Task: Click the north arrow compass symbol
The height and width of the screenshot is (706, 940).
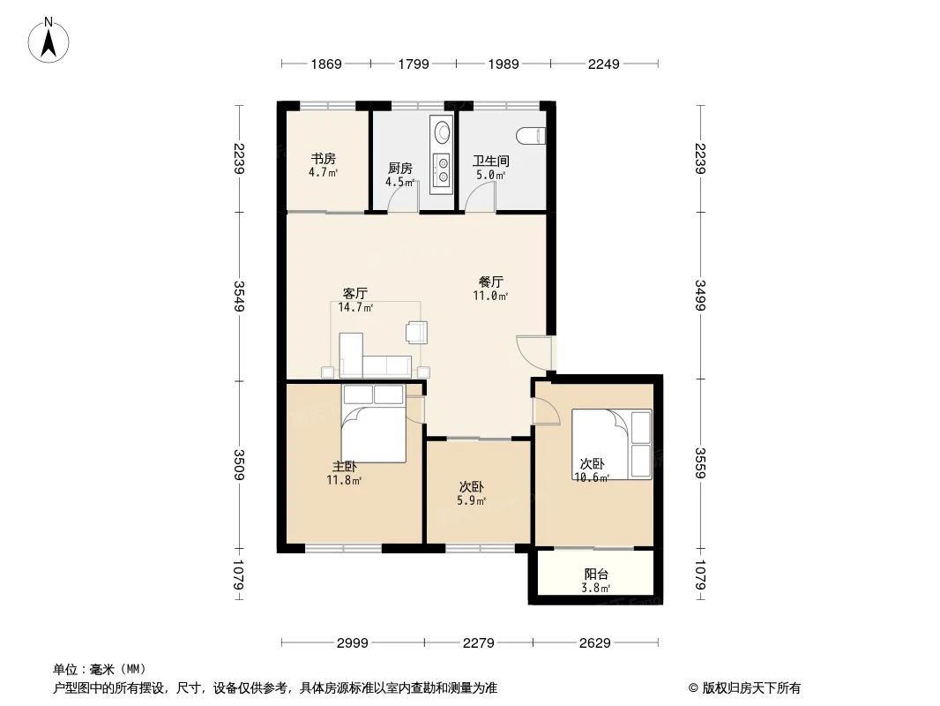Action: pos(49,39)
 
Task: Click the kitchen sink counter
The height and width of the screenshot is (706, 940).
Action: pos(440,154)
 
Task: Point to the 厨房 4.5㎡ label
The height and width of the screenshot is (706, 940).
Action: pos(399,175)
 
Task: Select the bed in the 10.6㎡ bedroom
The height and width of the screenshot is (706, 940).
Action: pos(611,444)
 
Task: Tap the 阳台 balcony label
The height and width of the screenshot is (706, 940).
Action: pos(596,580)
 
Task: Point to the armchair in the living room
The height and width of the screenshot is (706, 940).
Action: pos(416,332)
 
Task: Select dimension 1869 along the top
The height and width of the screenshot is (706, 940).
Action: pos(325,64)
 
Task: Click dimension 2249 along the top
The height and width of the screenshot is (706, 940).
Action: pos(604,64)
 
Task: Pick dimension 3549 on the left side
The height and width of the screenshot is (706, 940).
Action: pos(237,296)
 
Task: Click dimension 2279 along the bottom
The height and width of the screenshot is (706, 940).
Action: pos(479,642)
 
